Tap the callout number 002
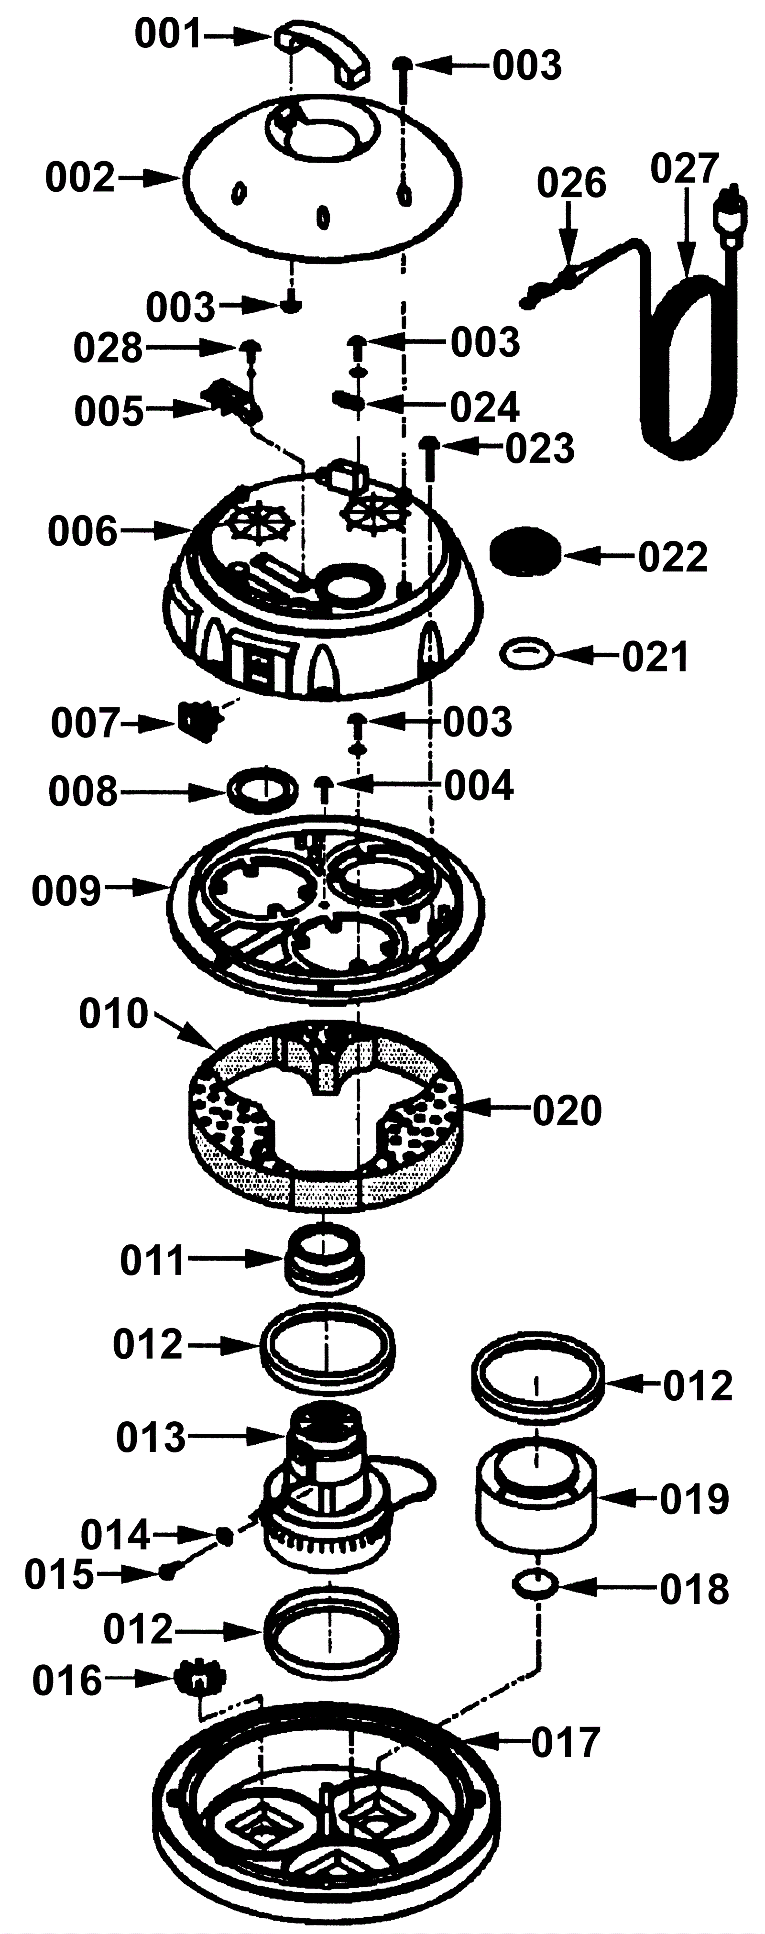click(80, 179)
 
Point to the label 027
click(685, 169)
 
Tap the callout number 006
click(83, 532)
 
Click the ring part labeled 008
click(259, 789)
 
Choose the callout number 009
click(66, 890)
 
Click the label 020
click(568, 1111)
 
